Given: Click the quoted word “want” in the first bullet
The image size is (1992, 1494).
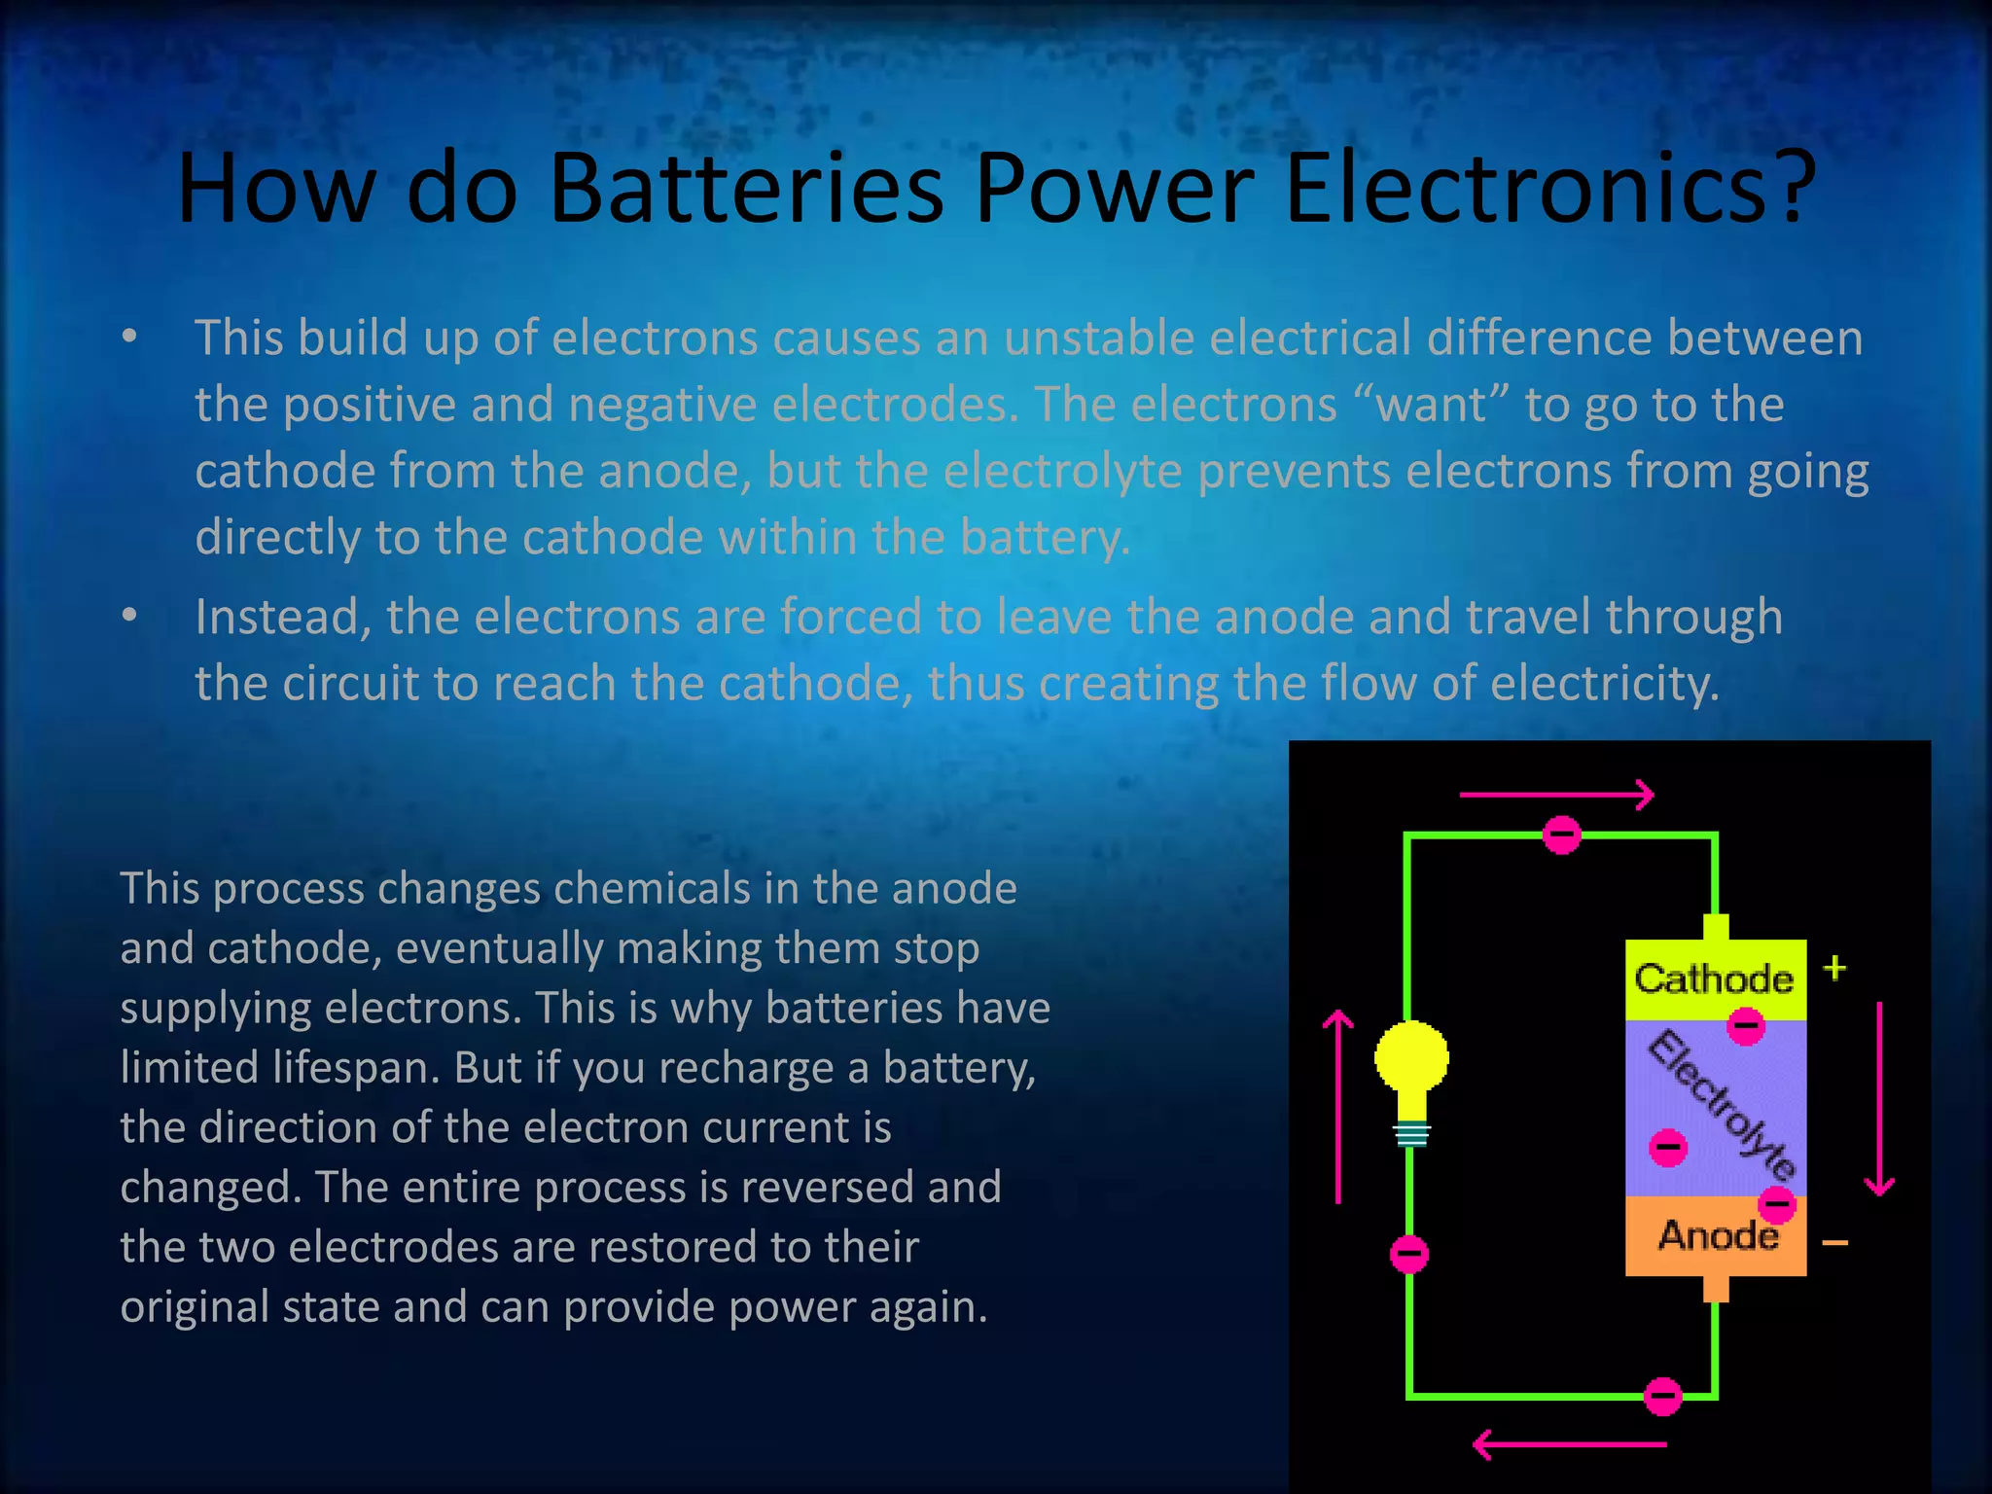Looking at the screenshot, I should pos(1430,404).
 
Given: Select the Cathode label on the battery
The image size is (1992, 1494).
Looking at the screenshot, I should pos(1714,978).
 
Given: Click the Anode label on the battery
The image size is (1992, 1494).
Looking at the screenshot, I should pos(1718,1235).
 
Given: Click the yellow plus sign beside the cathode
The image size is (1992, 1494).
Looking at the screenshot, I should pos(1834,968).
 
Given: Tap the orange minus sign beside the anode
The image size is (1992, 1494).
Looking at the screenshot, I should pos(1834,1242).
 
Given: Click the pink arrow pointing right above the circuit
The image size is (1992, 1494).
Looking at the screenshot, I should pos(1556,795).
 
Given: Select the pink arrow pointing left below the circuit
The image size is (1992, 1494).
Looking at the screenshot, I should pos(1570,1444).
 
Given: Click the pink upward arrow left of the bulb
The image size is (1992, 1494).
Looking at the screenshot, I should pos(1339,1107).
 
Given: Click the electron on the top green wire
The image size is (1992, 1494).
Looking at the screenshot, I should pos(1562,835).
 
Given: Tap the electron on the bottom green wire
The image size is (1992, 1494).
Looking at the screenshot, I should pos(1662,1397).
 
